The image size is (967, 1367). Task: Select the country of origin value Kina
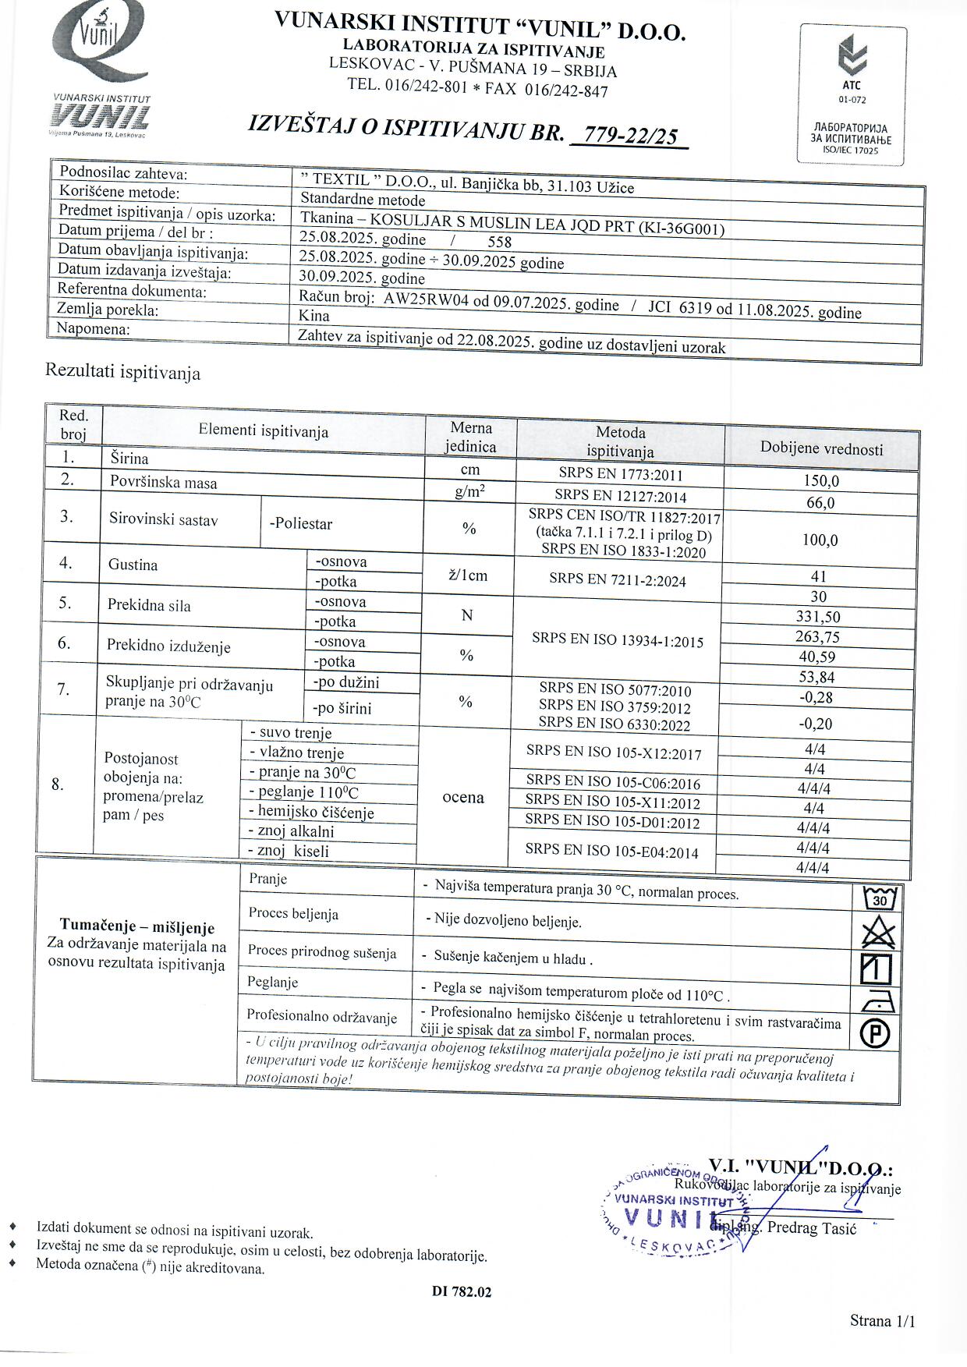coord(314,316)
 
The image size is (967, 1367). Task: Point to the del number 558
coord(499,242)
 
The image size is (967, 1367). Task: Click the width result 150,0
coord(821,481)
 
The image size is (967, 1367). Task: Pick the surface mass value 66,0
coord(820,503)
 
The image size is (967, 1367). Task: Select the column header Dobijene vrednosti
coord(821,449)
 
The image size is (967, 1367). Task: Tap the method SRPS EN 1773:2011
coord(620,473)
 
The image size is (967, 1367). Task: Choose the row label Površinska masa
coord(164,483)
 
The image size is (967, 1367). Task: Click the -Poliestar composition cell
coord(301,523)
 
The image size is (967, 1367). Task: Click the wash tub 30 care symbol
coord(880,899)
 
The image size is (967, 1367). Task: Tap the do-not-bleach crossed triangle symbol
coord(878,933)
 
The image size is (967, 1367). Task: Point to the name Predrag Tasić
coord(812,1228)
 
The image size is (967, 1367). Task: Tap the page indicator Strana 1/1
coord(882,1320)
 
